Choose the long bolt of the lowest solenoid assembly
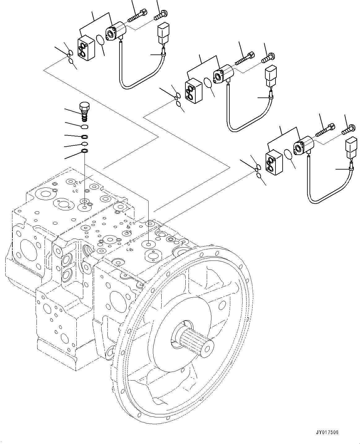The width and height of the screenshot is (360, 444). [x=325, y=130]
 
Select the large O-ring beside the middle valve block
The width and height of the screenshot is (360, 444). [x=208, y=83]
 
